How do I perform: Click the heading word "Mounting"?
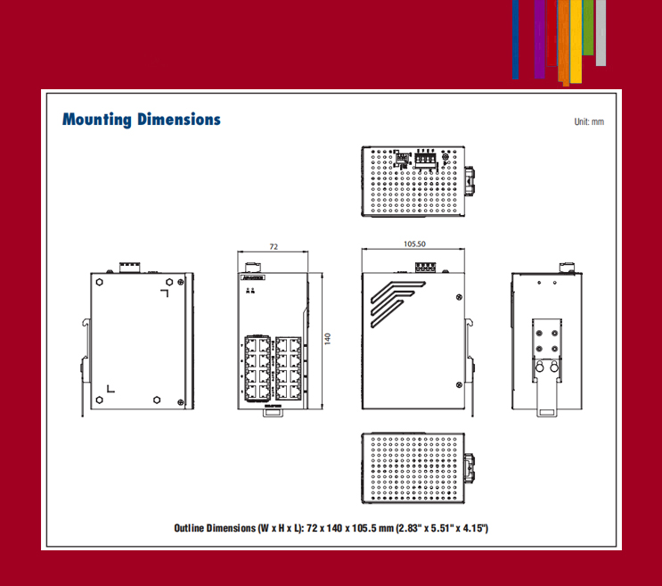tap(97, 120)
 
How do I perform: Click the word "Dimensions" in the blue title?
tap(178, 120)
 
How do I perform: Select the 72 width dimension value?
tap(274, 245)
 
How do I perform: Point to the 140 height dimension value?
tap(327, 340)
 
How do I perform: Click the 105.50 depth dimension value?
tap(414, 243)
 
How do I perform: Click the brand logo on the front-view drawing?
tap(253, 277)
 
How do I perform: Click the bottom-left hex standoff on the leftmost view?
tap(98, 399)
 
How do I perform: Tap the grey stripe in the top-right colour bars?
tap(601, 32)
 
